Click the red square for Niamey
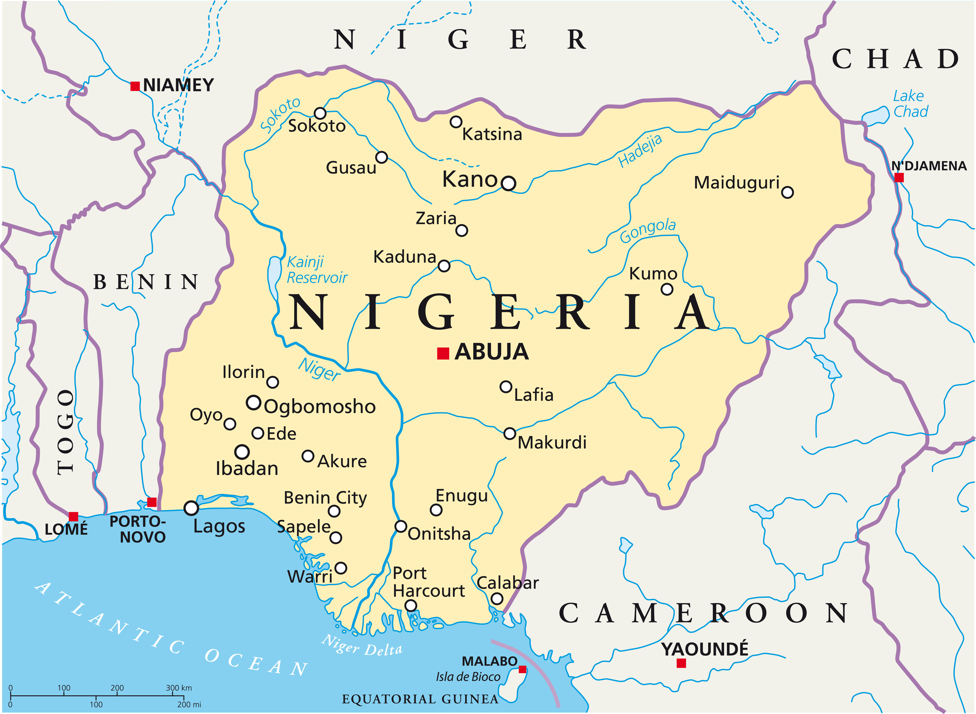click(135, 86)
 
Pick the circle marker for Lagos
click(191, 508)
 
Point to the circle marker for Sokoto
click(320, 113)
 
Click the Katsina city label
click(492, 134)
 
